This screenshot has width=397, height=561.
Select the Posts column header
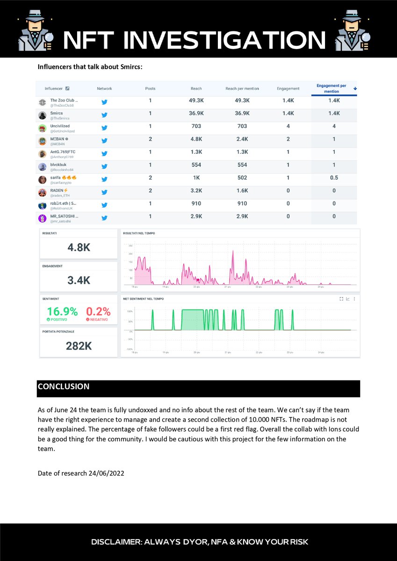click(150, 88)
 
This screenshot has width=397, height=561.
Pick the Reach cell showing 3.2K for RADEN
click(196, 190)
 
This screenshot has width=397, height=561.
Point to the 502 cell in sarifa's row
click(242, 178)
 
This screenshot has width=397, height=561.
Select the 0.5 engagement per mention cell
click(333, 178)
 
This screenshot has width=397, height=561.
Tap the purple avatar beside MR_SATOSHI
click(42, 218)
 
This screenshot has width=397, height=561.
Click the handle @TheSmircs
click(60, 118)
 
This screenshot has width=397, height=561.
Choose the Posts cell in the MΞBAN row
click(150, 139)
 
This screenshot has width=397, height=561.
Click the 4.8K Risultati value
click(79, 248)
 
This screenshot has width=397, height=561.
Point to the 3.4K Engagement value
click(79, 280)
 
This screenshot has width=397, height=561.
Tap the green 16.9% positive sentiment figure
click(62, 311)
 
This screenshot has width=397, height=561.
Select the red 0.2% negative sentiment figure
click(98, 311)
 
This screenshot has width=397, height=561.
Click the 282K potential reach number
click(79, 346)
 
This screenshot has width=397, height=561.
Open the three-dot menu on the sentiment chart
click(354, 299)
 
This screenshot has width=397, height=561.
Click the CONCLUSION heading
click(64, 387)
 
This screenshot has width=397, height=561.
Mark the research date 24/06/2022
click(106, 473)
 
